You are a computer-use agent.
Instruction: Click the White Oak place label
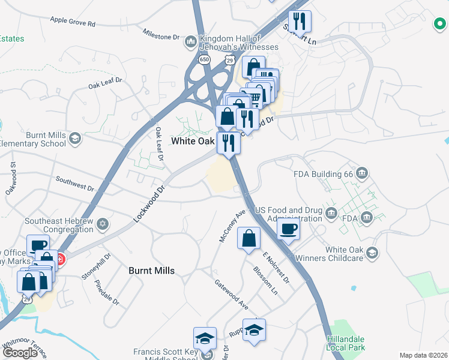click(193, 141)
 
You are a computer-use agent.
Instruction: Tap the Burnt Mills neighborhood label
click(152, 271)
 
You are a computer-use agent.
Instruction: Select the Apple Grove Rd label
click(73, 22)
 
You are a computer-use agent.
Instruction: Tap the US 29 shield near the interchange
click(229, 60)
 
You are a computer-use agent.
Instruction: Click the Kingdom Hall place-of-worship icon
click(191, 41)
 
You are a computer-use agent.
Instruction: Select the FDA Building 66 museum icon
click(361, 174)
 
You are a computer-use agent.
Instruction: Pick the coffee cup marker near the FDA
click(288, 229)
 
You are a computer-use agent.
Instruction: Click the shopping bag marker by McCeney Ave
click(249, 238)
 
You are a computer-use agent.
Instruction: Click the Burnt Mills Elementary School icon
click(75, 139)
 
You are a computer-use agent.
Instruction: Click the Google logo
click(20, 353)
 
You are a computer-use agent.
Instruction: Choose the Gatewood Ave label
click(232, 293)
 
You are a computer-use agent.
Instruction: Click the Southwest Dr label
click(75, 184)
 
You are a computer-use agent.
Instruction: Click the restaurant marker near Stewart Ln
click(299, 22)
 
